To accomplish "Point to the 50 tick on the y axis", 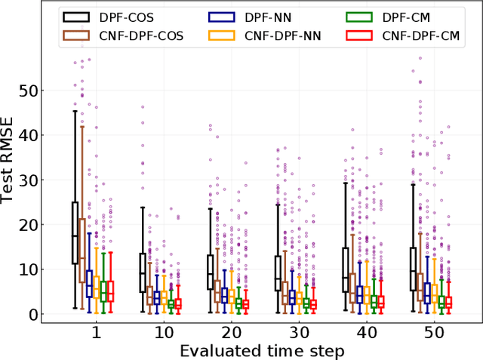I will (28, 91).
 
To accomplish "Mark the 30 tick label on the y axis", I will (28, 180).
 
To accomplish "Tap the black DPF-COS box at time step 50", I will (413, 269).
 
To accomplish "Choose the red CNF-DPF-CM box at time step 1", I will (110, 291).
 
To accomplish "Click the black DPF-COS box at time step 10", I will (143, 272).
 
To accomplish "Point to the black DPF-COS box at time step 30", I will (278, 273).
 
